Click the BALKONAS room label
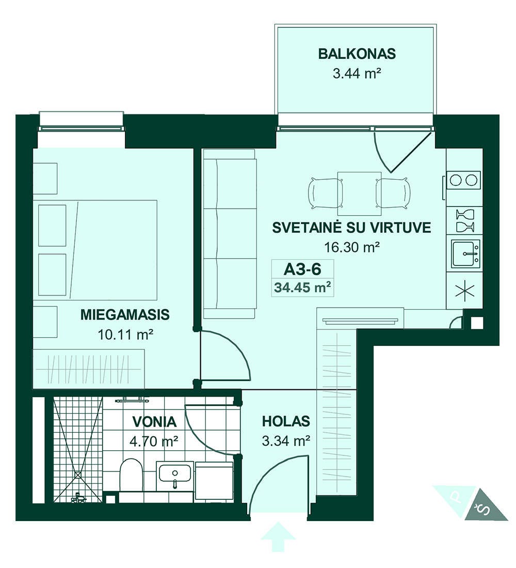[357, 54]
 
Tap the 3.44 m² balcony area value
[357, 73]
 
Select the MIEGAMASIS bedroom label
[125, 314]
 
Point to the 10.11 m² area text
[125, 334]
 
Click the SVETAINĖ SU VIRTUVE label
[351, 228]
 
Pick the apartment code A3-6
[303, 269]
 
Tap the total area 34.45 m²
[303, 288]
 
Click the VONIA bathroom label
[154, 422]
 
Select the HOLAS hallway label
[286, 421]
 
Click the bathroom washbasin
[175, 476]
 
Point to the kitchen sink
[465, 254]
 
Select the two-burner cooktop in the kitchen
[463, 180]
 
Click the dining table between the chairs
[359, 194]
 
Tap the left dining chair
[325, 194]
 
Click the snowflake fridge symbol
[464, 291]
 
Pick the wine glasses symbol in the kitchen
[465, 220]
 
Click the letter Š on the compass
[484, 510]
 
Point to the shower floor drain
[77, 474]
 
